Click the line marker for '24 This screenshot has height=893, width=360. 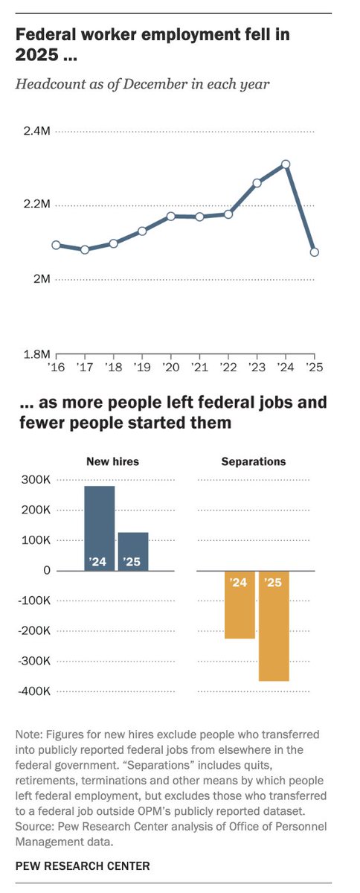(x=286, y=164)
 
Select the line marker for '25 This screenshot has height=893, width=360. (x=315, y=252)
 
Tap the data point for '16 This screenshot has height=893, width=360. (x=56, y=245)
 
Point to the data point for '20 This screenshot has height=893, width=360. (x=171, y=216)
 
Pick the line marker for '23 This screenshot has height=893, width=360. (x=257, y=182)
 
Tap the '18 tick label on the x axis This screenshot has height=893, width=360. (x=113, y=368)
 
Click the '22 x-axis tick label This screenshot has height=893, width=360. (x=228, y=368)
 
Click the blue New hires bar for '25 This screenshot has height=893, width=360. (x=133, y=551)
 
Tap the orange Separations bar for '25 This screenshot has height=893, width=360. (x=274, y=625)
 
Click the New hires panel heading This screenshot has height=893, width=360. (x=114, y=461)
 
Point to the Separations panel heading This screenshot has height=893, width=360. (x=254, y=461)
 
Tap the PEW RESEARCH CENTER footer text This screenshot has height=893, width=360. (x=82, y=865)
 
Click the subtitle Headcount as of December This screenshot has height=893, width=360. (x=142, y=83)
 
